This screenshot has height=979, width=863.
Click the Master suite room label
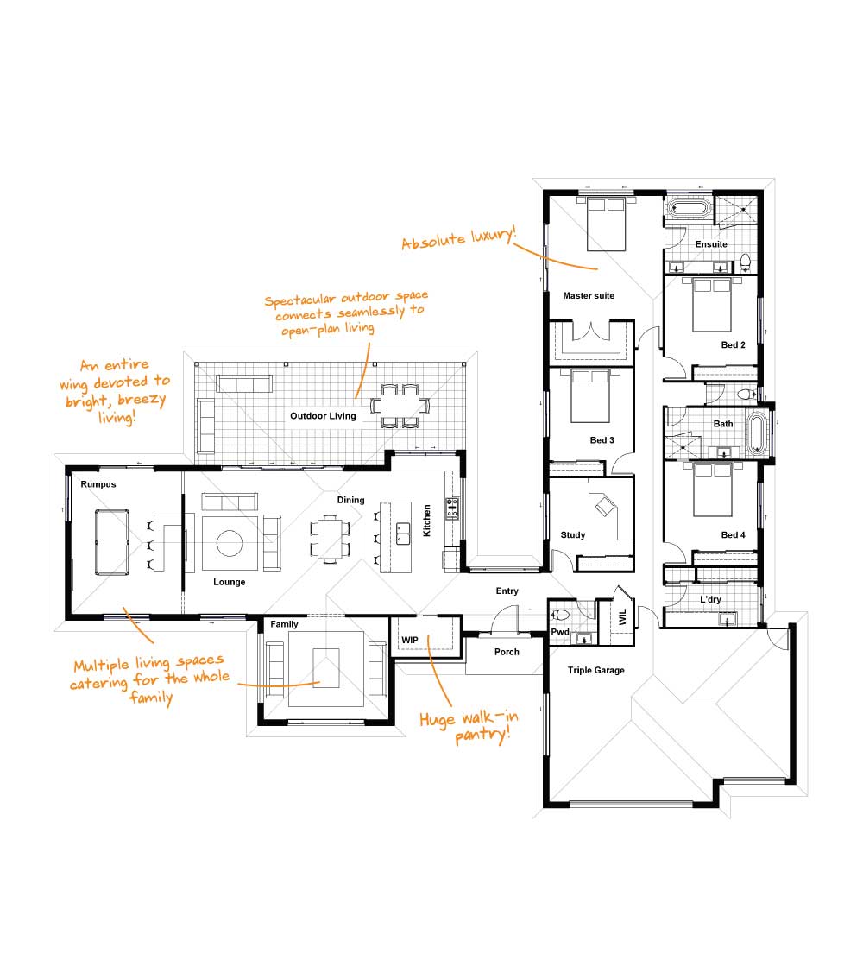click(x=589, y=296)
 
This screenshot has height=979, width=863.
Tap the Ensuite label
click(x=711, y=244)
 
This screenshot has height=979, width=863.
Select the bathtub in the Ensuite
click(x=689, y=209)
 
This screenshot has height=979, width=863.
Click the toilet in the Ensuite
click(x=745, y=262)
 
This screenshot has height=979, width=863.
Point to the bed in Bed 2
click(x=711, y=305)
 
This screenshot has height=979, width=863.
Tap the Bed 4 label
click(x=733, y=535)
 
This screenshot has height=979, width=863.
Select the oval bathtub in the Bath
click(x=757, y=432)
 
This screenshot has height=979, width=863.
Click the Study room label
click(x=573, y=535)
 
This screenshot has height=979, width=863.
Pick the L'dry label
click(x=710, y=599)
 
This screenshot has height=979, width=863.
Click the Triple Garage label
click(x=596, y=671)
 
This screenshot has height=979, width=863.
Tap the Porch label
click(x=507, y=652)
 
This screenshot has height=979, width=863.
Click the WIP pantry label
click(x=409, y=640)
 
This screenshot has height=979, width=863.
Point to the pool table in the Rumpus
click(x=112, y=542)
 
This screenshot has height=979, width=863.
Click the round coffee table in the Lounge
click(x=230, y=543)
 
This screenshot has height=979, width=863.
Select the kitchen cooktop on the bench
click(x=452, y=508)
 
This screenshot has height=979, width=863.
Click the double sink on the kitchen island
click(x=403, y=534)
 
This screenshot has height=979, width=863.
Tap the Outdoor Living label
click(x=323, y=416)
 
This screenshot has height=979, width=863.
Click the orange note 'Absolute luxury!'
click(x=458, y=238)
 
